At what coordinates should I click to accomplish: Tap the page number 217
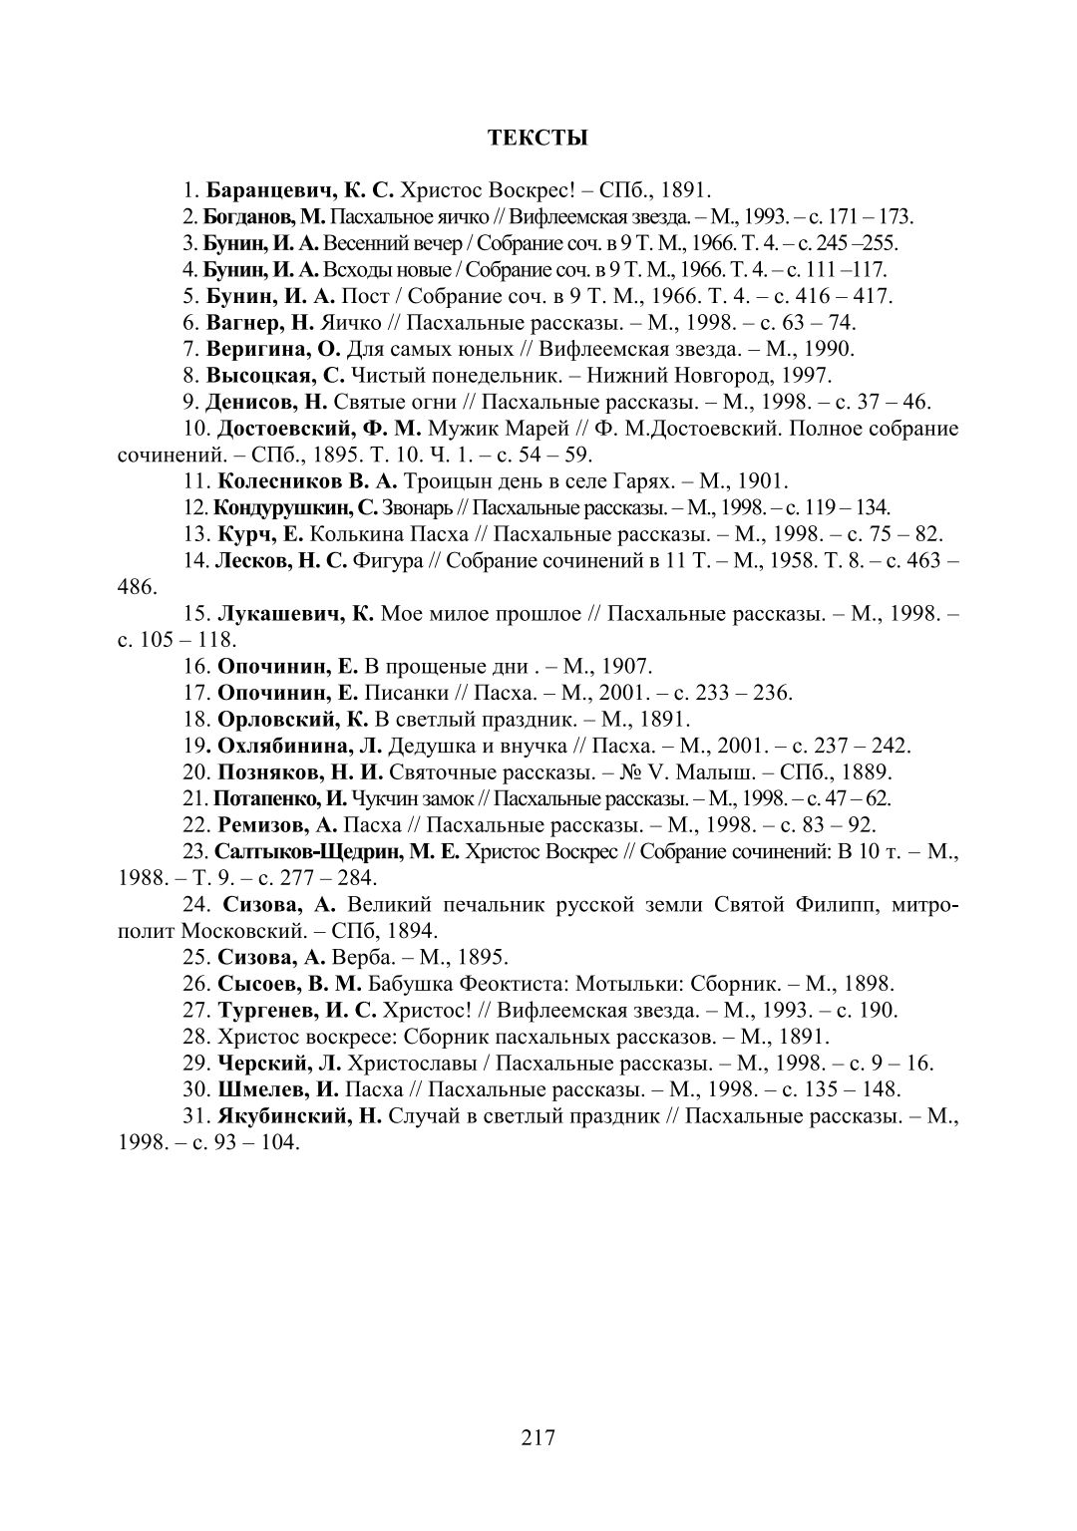tap(538, 1437)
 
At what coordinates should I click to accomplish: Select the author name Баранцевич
tap(266, 189)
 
